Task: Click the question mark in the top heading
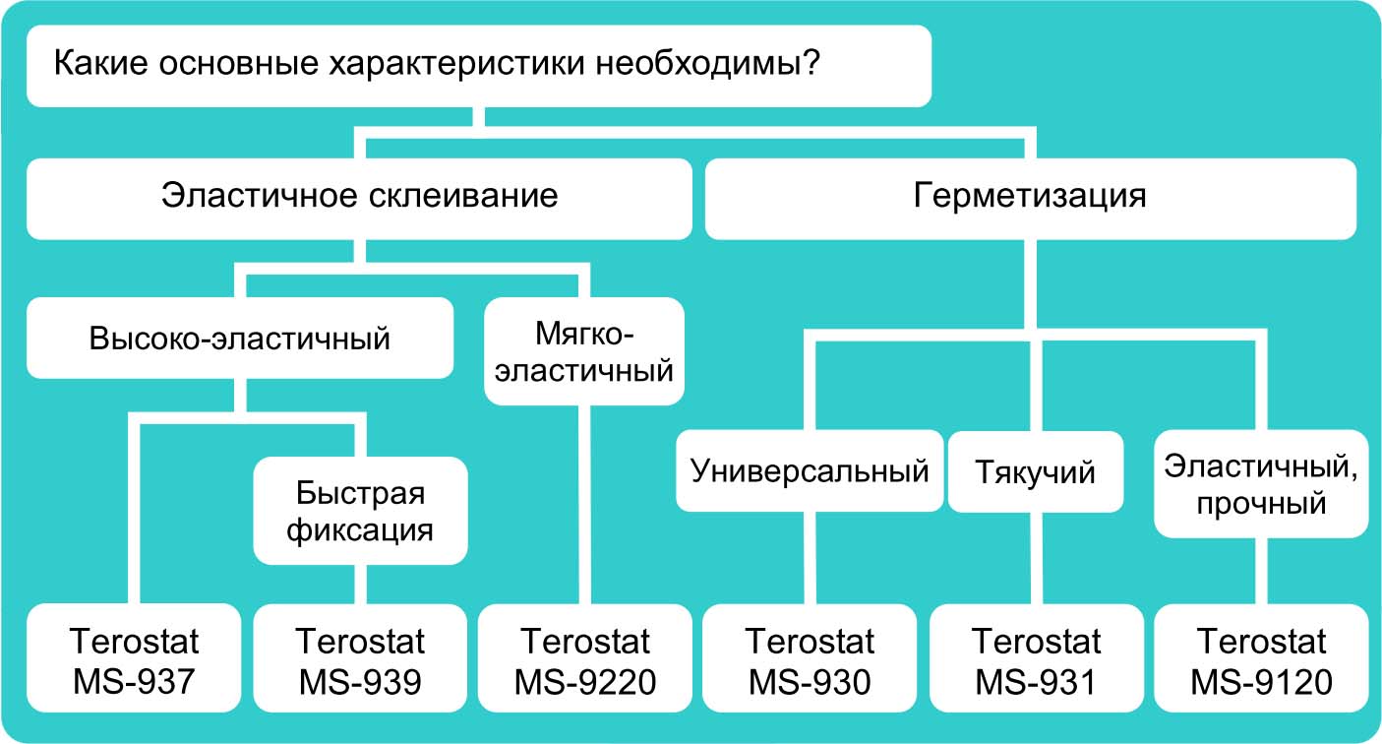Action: click(811, 66)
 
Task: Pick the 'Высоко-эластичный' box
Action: click(240, 339)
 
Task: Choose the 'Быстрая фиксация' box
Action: click(360, 510)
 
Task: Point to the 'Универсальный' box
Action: click(810, 471)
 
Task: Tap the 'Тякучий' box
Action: click(1035, 472)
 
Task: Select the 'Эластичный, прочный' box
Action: click(1260, 484)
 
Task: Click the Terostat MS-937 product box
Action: click(134, 659)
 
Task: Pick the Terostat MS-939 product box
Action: click(360, 659)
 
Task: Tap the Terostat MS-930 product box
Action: click(810, 659)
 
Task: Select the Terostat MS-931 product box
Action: click(1036, 659)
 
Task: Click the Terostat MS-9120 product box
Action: click(1261, 659)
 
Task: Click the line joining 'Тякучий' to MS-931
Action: click(1035, 558)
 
